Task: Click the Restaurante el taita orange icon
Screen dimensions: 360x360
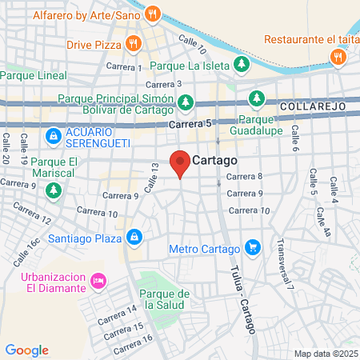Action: (x=338, y=56)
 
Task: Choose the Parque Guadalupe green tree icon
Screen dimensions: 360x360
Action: (x=256, y=99)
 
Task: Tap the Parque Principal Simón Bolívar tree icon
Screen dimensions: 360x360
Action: (x=186, y=101)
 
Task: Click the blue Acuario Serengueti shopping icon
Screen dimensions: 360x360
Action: (x=53, y=135)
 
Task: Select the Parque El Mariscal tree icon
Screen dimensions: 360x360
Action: (x=54, y=190)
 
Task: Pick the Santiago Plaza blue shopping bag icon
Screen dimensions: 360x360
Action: (x=134, y=238)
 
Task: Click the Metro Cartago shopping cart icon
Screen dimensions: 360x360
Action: (x=253, y=247)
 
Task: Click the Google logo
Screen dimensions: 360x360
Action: (x=27, y=350)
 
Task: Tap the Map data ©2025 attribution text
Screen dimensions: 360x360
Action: (x=326, y=354)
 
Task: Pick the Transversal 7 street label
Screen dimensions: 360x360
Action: (x=286, y=265)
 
